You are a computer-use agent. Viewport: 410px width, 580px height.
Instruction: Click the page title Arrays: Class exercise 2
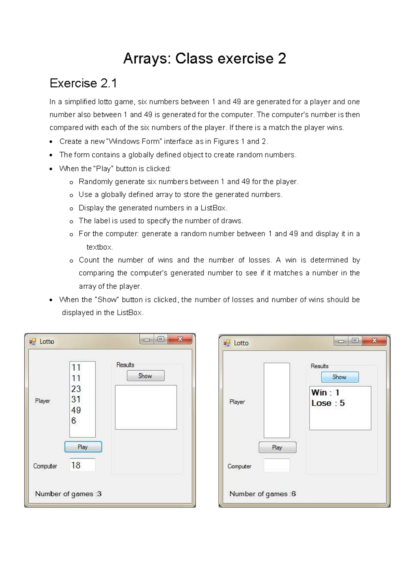(x=204, y=58)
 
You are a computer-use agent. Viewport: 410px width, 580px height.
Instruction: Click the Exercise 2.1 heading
(x=83, y=83)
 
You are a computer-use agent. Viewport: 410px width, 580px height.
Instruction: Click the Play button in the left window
(x=83, y=447)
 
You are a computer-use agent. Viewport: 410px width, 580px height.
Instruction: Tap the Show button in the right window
(x=340, y=377)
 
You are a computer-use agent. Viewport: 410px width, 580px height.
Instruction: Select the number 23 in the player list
(x=76, y=389)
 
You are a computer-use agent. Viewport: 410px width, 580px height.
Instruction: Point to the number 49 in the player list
(x=76, y=410)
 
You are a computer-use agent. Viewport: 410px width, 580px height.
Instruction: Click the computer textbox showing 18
(x=82, y=465)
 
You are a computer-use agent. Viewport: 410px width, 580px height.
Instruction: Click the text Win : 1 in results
(x=325, y=393)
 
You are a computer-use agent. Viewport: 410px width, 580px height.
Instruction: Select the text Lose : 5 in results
(x=328, y=403)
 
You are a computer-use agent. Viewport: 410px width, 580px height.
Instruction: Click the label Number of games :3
(x=68, y=494)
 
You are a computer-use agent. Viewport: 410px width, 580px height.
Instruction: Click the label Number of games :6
(x=262, y=494)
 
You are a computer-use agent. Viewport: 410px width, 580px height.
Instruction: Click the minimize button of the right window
(x=341, y=341)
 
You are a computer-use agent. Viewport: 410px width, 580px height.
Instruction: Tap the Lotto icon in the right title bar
(x=227, y=343)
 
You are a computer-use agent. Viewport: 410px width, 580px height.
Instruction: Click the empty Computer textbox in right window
(x=277, y=465)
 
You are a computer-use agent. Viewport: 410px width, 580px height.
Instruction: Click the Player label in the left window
(x=43, y=401)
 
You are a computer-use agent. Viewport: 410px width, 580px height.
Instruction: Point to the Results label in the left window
(x=125, y=365)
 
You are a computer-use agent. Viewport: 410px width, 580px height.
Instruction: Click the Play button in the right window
(x=277, y=447)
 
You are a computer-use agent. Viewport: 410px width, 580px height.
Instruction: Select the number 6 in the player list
(x=74, y=421)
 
